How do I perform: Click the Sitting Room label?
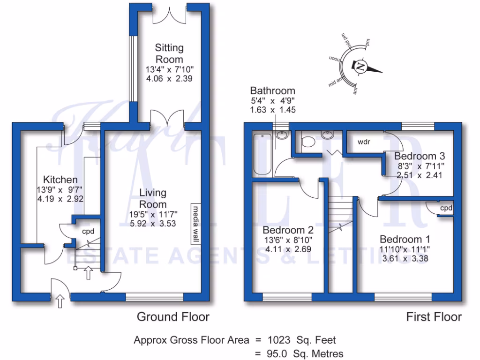tap(169, 53)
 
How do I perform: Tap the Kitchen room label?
tap(60, 180)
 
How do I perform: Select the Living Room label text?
tap(153, 198)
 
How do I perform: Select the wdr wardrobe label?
tap(364, 142)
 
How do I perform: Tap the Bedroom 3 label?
tap(419, 156)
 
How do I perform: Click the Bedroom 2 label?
tap(288, 230)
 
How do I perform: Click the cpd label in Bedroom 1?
tap(446, 208)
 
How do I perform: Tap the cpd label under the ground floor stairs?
tap(88, 232)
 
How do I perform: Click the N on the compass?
tap(360, 66)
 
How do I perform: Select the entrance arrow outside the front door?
tap(60, 301)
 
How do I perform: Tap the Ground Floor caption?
tap(173, 317)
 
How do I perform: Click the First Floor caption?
tap(434, 317)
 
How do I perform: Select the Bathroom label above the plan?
tap(272, 90)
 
